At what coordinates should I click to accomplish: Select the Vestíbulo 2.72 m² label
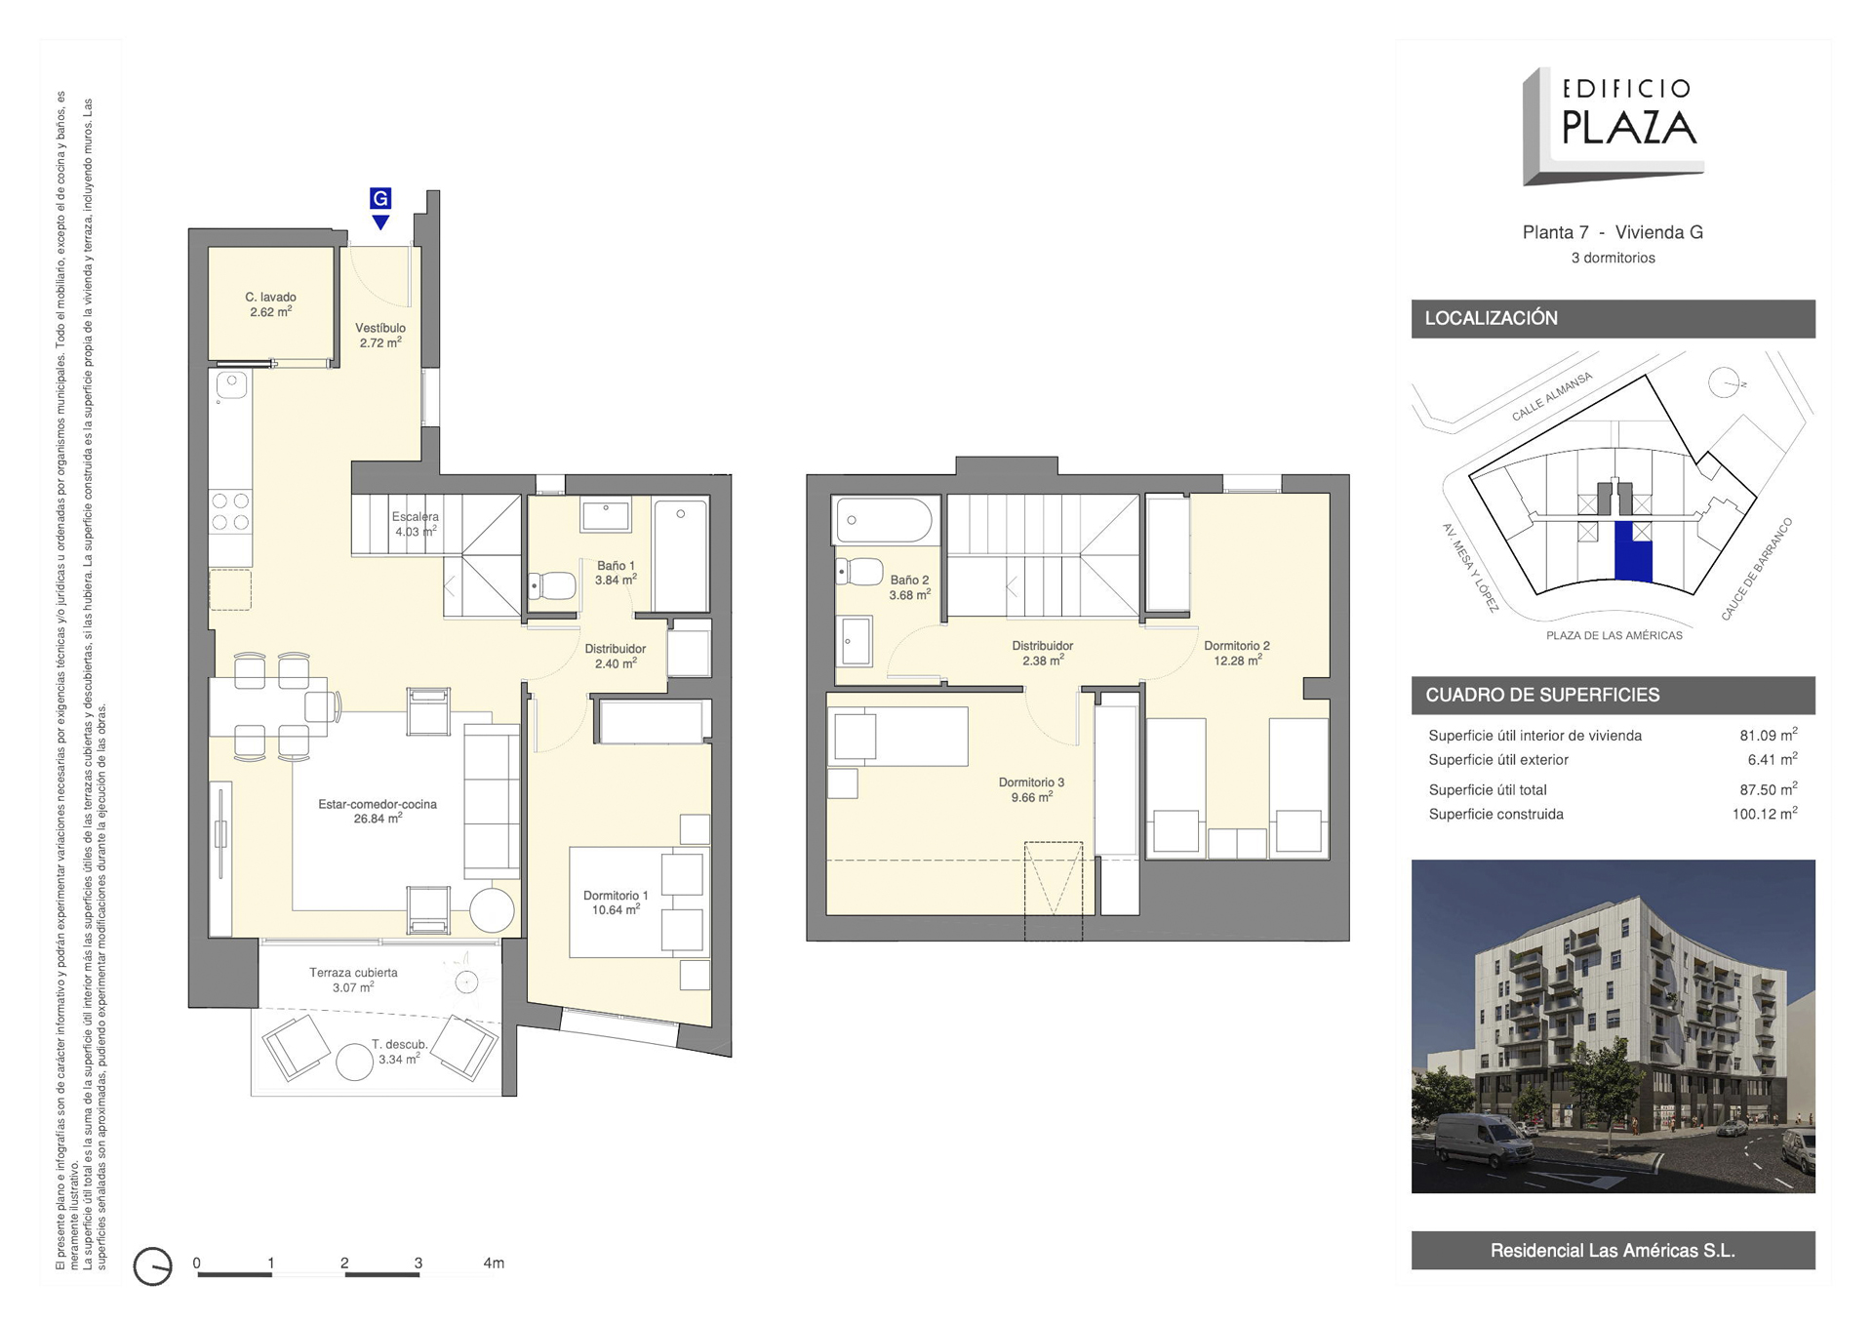pos(380,336)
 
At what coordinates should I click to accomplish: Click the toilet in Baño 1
pos(552,585)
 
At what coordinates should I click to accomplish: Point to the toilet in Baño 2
pos(859,571)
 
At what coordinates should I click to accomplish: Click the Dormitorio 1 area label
pos(616,903)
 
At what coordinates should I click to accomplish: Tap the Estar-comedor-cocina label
pos(378,805)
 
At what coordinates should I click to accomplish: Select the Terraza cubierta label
pos(353,973)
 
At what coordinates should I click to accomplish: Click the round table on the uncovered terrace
pos(354,1062)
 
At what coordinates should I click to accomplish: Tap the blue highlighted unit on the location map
pos(1633,552)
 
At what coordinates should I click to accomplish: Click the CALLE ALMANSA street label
pos(1552,396)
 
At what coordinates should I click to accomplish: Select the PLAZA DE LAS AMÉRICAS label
pos(1614,635)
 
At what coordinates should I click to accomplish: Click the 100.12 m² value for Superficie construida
pos(1765,814)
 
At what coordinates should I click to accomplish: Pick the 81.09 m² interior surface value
pos(1769,736)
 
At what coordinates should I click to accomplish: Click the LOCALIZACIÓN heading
pos(1491,318)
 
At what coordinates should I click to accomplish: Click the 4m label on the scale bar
pos(494,1263)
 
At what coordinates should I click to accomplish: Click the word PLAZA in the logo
pos(1629,128)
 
